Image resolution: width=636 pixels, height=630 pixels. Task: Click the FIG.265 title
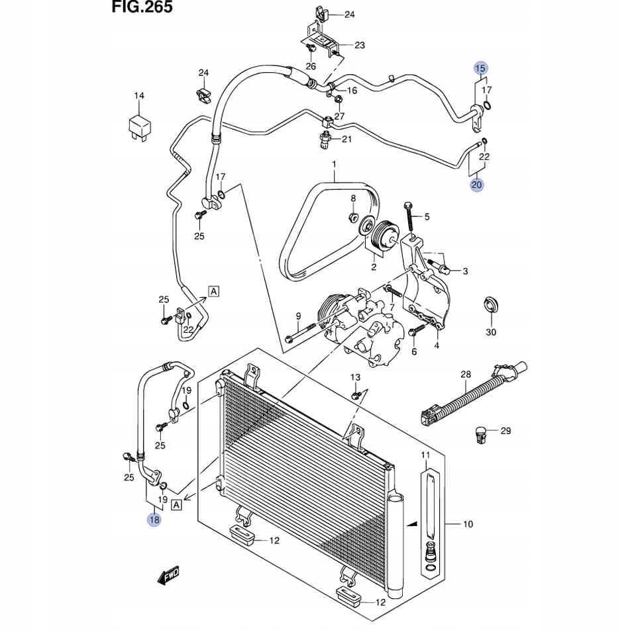pos(142,7)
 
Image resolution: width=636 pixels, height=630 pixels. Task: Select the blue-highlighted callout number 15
pos(481,68)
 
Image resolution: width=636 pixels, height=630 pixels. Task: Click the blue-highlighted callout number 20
pos(477,185)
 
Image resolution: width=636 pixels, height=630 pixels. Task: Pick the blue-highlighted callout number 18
pos(154,519)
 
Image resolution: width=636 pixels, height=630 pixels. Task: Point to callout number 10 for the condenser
pos(468,524)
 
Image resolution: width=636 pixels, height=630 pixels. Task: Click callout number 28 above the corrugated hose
pos(466,375)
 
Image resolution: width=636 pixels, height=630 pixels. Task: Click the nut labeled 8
pos(353,217)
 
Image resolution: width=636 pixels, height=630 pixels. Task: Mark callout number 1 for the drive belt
pos(334,165)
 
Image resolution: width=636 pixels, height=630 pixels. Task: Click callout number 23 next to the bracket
pos(360,45)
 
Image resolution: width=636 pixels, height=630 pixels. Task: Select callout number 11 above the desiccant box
pos(425,455)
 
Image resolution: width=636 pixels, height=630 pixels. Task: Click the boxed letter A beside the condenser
pos(176,505)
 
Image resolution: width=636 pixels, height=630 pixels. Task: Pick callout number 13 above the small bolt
pos(355,377)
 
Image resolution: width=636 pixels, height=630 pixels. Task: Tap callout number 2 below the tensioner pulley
pos(374,267)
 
